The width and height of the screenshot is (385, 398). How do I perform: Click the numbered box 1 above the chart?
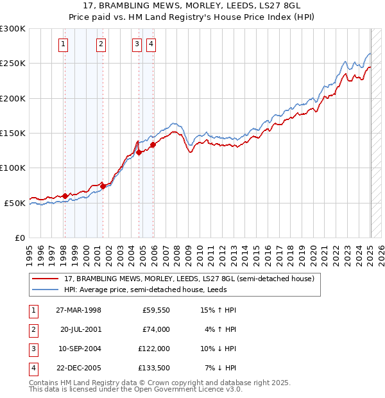click(x=64, y=44)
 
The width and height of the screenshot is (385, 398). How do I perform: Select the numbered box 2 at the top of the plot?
click(x=101, y=44)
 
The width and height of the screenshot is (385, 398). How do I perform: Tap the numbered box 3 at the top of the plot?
click(x=137, y=44)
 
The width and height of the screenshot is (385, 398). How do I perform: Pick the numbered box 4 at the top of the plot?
click(x=151, y=44)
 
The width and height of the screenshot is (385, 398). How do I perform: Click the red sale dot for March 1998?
click(x=65, y=196)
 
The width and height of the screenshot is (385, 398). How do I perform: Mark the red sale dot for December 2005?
click(x=153, y=144)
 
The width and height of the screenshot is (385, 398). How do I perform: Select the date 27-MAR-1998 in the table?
click(x=78, y=310)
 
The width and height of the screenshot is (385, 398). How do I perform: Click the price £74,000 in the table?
click(x=156, y=329)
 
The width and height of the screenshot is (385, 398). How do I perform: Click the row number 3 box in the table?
click(x=31, y=349)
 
